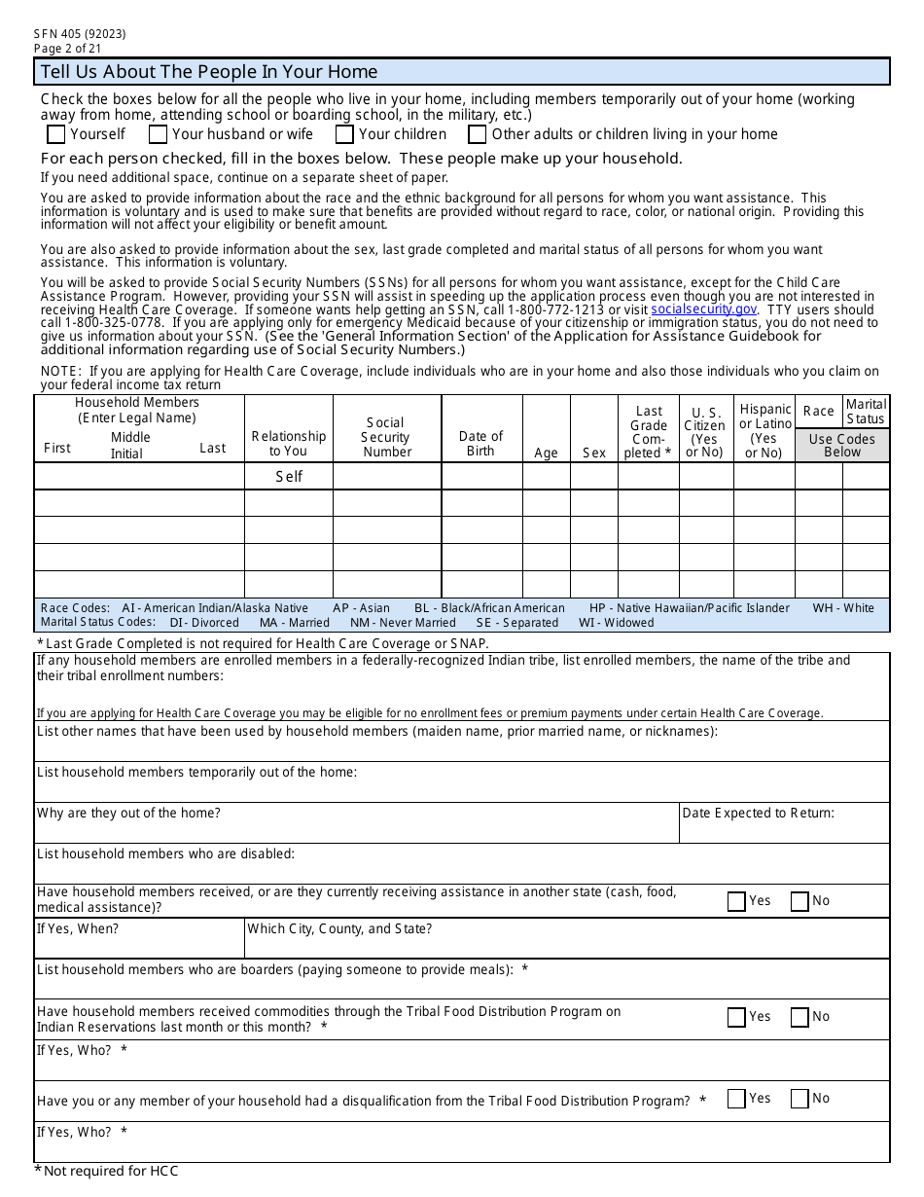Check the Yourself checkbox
[56, 134]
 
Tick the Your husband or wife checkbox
[158, 134]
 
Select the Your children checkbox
[344, 134]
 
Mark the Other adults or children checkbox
[478, 134]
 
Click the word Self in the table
[289, 476]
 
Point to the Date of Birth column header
[480, 443]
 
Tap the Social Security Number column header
[387, 437]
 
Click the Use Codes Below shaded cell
[842, 445]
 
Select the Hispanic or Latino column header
[764, 430]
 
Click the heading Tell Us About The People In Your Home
[209, 72]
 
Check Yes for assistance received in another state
[736, 901]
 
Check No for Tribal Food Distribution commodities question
[800, 1017]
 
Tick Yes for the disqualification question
[736, 1099]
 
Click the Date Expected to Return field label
[758, 813]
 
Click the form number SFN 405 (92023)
[80, 34]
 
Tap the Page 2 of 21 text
[67, 48]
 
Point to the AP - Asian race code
[361, 608]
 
